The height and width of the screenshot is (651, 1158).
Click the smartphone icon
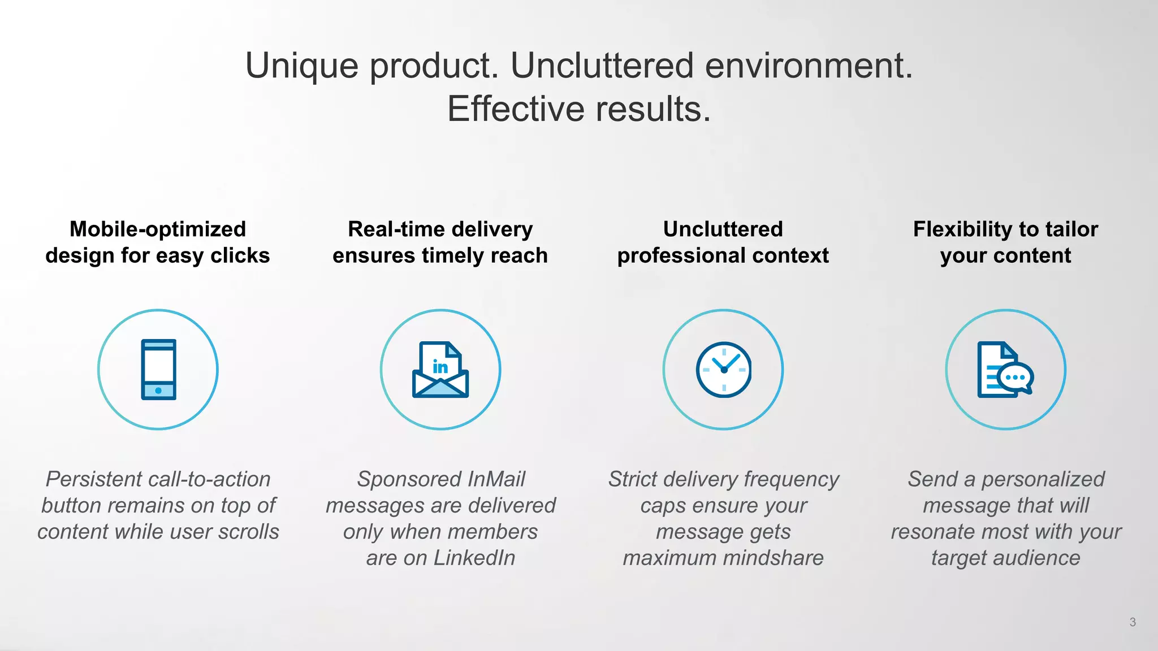(158, 370)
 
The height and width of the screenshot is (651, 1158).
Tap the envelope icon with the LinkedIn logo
(440, 370)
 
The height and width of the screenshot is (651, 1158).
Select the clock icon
(723, 370)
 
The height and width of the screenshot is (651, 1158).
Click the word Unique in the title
(301, 66)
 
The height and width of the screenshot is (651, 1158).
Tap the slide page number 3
(1132, 622)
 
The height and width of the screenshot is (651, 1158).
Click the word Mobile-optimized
(158, 229)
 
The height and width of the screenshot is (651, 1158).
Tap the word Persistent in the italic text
(93, 479)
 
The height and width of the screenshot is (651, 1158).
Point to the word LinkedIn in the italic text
(474, 558)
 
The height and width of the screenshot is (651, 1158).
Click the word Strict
(633, 479)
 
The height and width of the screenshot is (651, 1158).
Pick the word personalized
(1043, 479)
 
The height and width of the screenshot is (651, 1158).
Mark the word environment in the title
(808, 66)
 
